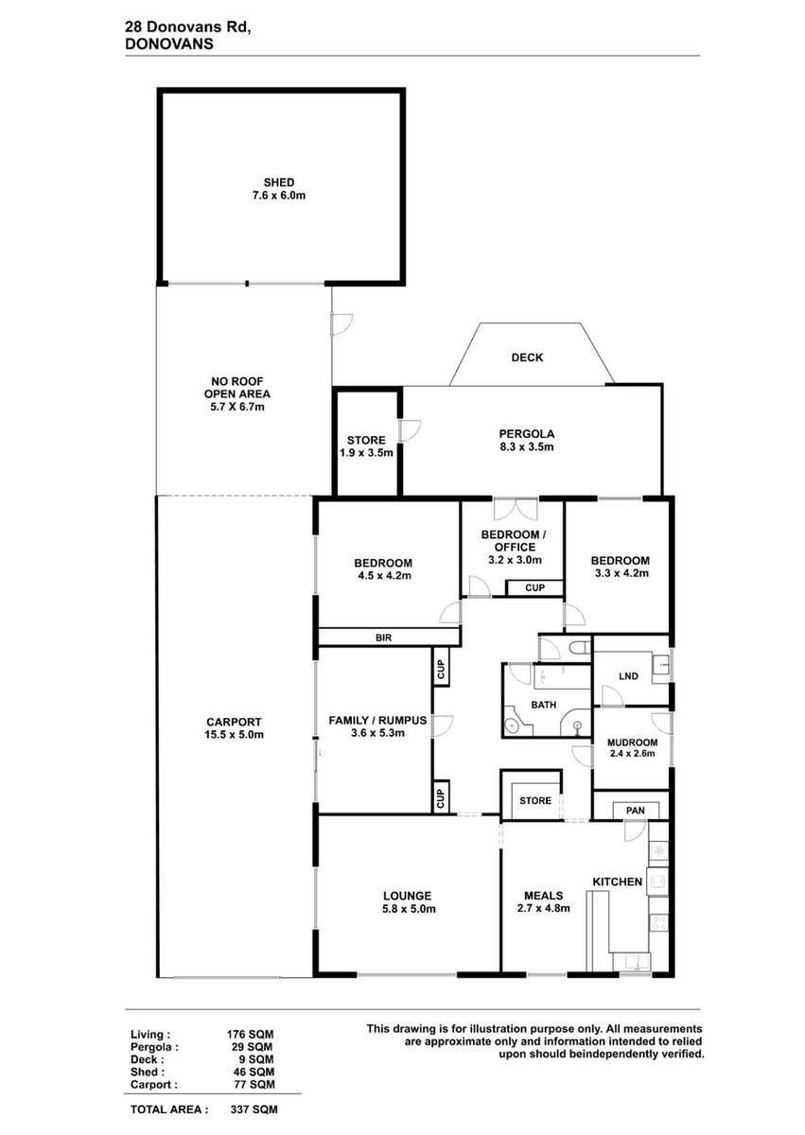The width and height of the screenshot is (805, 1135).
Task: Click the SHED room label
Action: tap(279, 183)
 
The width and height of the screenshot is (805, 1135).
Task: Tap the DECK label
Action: tap(527, 358)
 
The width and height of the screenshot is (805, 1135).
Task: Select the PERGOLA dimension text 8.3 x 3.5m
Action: tap(527, 446)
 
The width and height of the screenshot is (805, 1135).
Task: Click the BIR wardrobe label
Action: tap(383, 637)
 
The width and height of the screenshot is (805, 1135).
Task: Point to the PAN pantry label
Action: tap(636, 811)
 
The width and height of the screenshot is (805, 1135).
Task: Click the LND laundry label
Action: tap(628, 676)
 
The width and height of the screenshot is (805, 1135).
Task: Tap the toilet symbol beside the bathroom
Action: tap(580, 648)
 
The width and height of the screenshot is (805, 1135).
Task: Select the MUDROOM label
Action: tap(632, 742)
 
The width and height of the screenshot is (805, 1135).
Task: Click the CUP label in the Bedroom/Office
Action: tap(535, 587)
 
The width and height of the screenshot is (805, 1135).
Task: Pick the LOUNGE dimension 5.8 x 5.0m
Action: tap(409, 909)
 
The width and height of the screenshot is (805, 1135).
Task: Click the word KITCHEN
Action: tap(617, 882)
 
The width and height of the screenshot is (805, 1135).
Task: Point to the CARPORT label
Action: tap(234, 722)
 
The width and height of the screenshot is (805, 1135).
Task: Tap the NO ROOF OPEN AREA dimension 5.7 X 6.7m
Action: tap(237, 407)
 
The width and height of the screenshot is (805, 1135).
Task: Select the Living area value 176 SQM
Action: tap(250, 1035)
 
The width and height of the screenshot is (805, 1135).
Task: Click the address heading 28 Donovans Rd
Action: tap(188, 29)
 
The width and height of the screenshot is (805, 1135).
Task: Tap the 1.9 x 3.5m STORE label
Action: tap(366, 446)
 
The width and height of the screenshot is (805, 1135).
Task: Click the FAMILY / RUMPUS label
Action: tap(377, 720)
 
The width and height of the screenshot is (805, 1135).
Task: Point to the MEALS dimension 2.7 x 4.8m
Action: tap(544, 909)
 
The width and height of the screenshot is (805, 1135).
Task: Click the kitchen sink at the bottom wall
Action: tap(631, 961)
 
